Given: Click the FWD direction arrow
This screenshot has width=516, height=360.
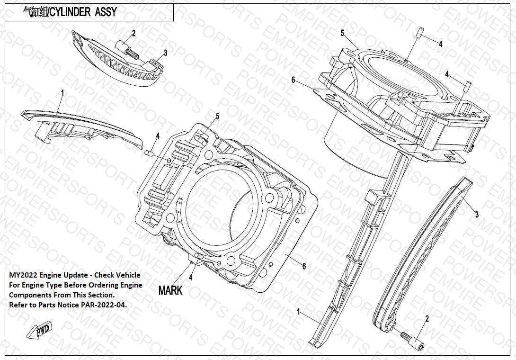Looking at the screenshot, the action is click(39, 330).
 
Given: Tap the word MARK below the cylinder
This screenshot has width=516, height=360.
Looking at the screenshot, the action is click(170, 290).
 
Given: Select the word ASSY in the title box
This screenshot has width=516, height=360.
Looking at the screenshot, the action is click(106, 12).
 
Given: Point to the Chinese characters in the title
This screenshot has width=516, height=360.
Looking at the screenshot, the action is click(35, 12).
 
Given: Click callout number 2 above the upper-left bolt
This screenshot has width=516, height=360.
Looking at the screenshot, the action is click(133, 33).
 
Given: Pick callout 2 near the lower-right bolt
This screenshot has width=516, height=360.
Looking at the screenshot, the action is click(427, 318).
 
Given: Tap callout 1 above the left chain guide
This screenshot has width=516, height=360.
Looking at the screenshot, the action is click(62, 93).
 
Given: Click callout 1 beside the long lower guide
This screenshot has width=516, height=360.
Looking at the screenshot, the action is click(299, 312).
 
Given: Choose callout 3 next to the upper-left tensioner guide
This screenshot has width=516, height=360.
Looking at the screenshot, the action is click(165, 53).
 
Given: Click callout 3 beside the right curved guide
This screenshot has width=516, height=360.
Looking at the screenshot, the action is click(477, 215).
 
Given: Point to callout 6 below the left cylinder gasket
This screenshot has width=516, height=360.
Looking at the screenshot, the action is click(304, 266).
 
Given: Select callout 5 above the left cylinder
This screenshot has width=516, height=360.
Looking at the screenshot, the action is click(217, 116).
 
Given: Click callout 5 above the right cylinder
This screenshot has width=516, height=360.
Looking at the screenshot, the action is click(342, 33).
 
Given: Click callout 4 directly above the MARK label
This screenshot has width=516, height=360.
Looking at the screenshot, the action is click(190, 278).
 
